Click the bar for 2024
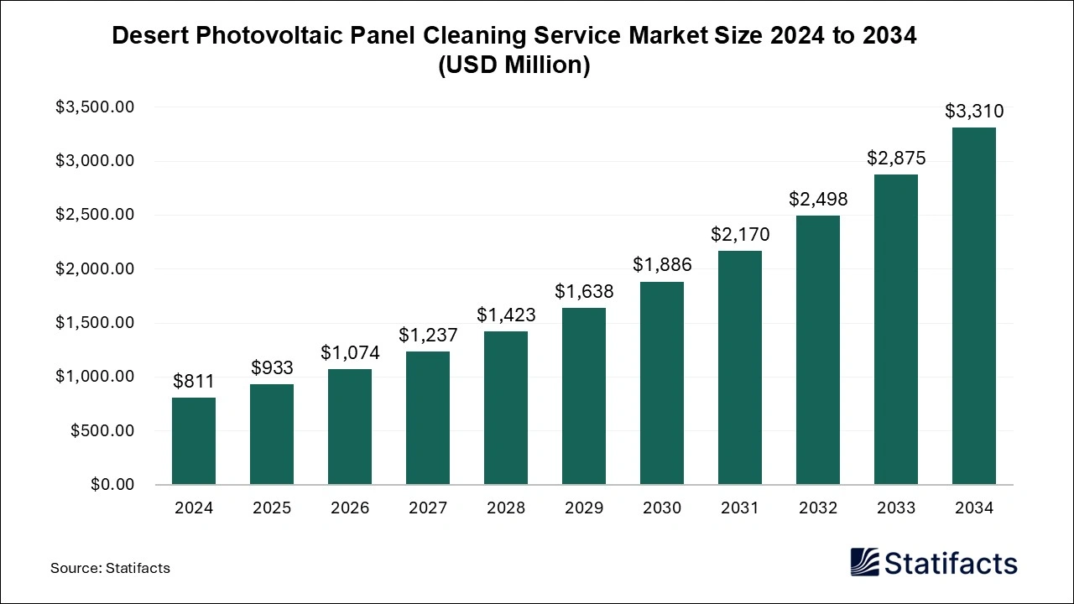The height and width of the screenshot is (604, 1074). pyautogui.click(x=194, y=441)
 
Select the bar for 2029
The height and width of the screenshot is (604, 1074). pyautogui.click(x=584, y=396)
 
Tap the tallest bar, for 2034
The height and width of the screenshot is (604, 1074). pyautogui.click(x=974, y=306)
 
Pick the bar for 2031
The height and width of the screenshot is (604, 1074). pyautogui.click(x=740, y=367)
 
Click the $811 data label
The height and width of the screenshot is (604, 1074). pyautogui.click(x=194, y=382)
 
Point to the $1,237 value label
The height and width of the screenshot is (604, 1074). pyautogui.click(x=428, y=336)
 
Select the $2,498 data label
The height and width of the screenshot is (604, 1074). pyautogui.click(x=818, y=200)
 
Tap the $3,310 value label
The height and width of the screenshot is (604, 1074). pyautogui.click(x=974, y=112)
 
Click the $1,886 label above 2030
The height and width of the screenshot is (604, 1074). pyautogui.click(x=662, y=265)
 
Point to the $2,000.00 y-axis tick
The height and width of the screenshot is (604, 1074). pyautogui.click(x=94, y=269)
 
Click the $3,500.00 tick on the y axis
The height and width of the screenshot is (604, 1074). pyautogui.click(x=94, y=107)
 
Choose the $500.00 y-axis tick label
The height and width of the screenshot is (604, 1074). pyautogui.click(x=102, y=431)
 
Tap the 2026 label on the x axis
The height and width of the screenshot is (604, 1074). pyautogui.click(x=350, y=508)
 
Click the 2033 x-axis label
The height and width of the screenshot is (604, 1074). pyautogui.click(x=896, y=508)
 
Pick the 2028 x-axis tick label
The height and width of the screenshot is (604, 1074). pyautogui.click(x=506, y=508)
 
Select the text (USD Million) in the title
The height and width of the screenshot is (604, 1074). pyautogui.click(x=514, y=65)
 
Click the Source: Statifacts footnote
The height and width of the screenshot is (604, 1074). pyautogui.click(x=110, y=568)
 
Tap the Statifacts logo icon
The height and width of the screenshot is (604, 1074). pyautogui.click(x=864, y=562)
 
